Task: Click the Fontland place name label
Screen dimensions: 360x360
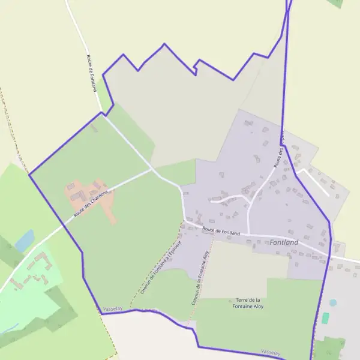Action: (284, 242)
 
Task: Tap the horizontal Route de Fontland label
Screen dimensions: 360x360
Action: (221, 231)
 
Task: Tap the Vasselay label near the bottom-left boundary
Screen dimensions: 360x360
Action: (112, 308)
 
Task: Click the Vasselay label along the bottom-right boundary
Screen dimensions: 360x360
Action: (271, 352)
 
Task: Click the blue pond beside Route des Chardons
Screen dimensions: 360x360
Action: (25, 241)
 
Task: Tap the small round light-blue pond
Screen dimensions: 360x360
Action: (332, 302)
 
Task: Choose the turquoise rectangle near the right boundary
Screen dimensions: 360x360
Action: (325, 318)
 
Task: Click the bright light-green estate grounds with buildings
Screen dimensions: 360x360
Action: (33, 288)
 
